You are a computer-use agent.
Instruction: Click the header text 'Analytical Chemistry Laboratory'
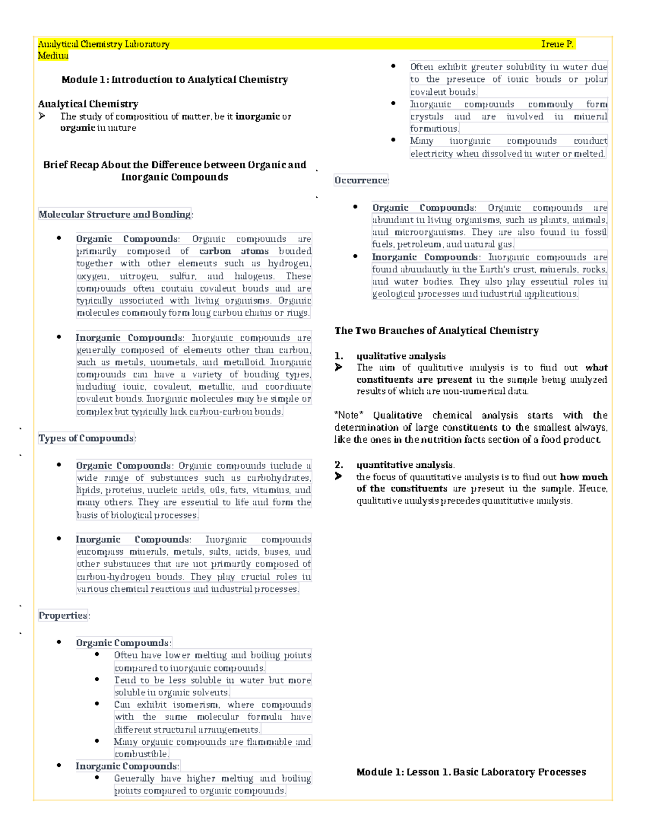103,44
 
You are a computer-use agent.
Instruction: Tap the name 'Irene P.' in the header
557,44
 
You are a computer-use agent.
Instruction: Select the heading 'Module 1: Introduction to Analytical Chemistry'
174,80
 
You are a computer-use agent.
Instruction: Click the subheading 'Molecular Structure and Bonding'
115,215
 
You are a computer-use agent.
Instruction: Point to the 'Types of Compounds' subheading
86,438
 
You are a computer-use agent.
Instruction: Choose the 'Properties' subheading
63,615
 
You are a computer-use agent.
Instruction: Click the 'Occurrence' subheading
361,180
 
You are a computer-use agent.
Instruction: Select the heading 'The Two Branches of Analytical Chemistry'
436,331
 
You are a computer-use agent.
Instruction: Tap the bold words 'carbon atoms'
234,251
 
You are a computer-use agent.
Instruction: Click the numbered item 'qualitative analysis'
401,356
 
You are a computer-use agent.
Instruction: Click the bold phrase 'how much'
584,477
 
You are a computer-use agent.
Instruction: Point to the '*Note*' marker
349,415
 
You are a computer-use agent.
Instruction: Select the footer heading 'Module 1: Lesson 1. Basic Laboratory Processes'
471,772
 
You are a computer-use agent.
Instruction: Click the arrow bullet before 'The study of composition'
42,116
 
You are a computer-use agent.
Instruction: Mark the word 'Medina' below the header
53,56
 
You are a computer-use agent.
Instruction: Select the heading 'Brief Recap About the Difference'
174,165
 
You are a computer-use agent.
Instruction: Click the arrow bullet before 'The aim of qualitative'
338,368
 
